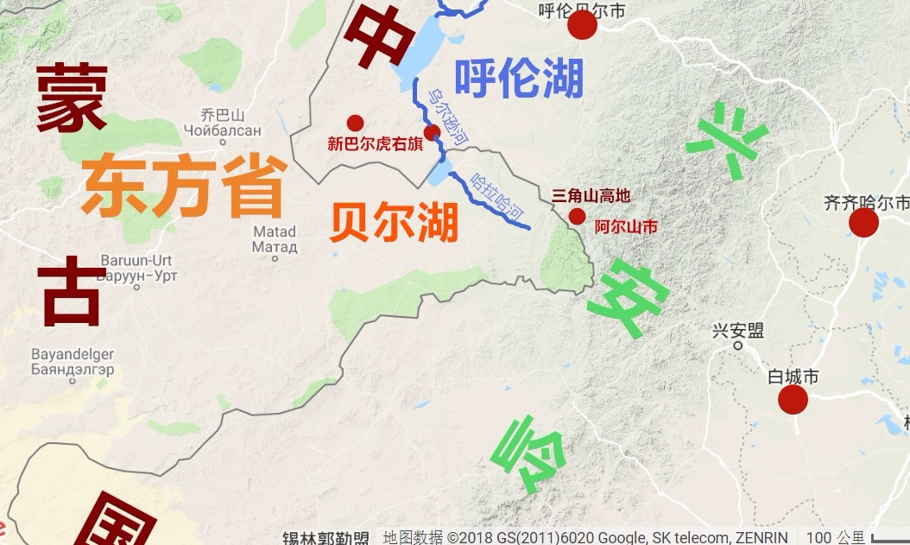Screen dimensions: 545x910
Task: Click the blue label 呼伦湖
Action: point(519,79)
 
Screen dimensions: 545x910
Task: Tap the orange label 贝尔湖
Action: point(394,224)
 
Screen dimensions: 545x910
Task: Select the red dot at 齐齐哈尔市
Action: point(863,223)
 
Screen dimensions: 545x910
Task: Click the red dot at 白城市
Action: point(793,399)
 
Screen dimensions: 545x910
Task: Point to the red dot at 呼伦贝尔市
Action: point(582,25)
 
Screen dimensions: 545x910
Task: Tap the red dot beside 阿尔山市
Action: point(577,216)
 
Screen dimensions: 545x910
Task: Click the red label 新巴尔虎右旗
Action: point(376,144)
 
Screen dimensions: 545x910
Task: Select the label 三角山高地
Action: point(591,196)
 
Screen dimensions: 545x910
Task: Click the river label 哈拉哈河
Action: point(498,198)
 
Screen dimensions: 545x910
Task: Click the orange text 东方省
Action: point(184,186)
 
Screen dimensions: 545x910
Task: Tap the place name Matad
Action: point(275,231)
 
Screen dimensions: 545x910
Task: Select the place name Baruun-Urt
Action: point(136,261)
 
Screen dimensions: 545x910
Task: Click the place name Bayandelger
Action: point(73,355)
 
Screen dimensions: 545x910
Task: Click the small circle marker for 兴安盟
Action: point(738,345)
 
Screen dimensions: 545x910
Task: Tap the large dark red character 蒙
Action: point(72,98)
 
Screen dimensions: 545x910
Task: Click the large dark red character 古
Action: point(71,294)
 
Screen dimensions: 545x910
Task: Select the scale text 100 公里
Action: point(829,537)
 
